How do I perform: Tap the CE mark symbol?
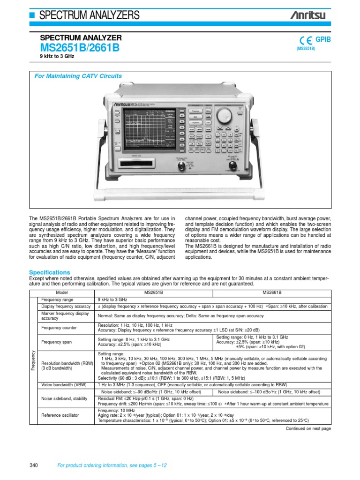click(x=303, y=41)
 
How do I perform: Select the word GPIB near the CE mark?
click(x=323, y=40)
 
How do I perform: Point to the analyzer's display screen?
click(x=148, y=128)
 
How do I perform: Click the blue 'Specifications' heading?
click(x=50, y=272)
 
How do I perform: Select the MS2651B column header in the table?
click(x=155, y=292)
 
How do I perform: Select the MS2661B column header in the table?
click(x=272, y=292)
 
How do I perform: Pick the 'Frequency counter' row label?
click(x=59, y=328)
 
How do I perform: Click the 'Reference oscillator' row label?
click(x=60, y=415)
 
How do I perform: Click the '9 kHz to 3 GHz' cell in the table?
click(x=113, y=299)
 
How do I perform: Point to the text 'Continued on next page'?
click(x=308, y=428)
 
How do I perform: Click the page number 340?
click(x=33, y=465)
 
